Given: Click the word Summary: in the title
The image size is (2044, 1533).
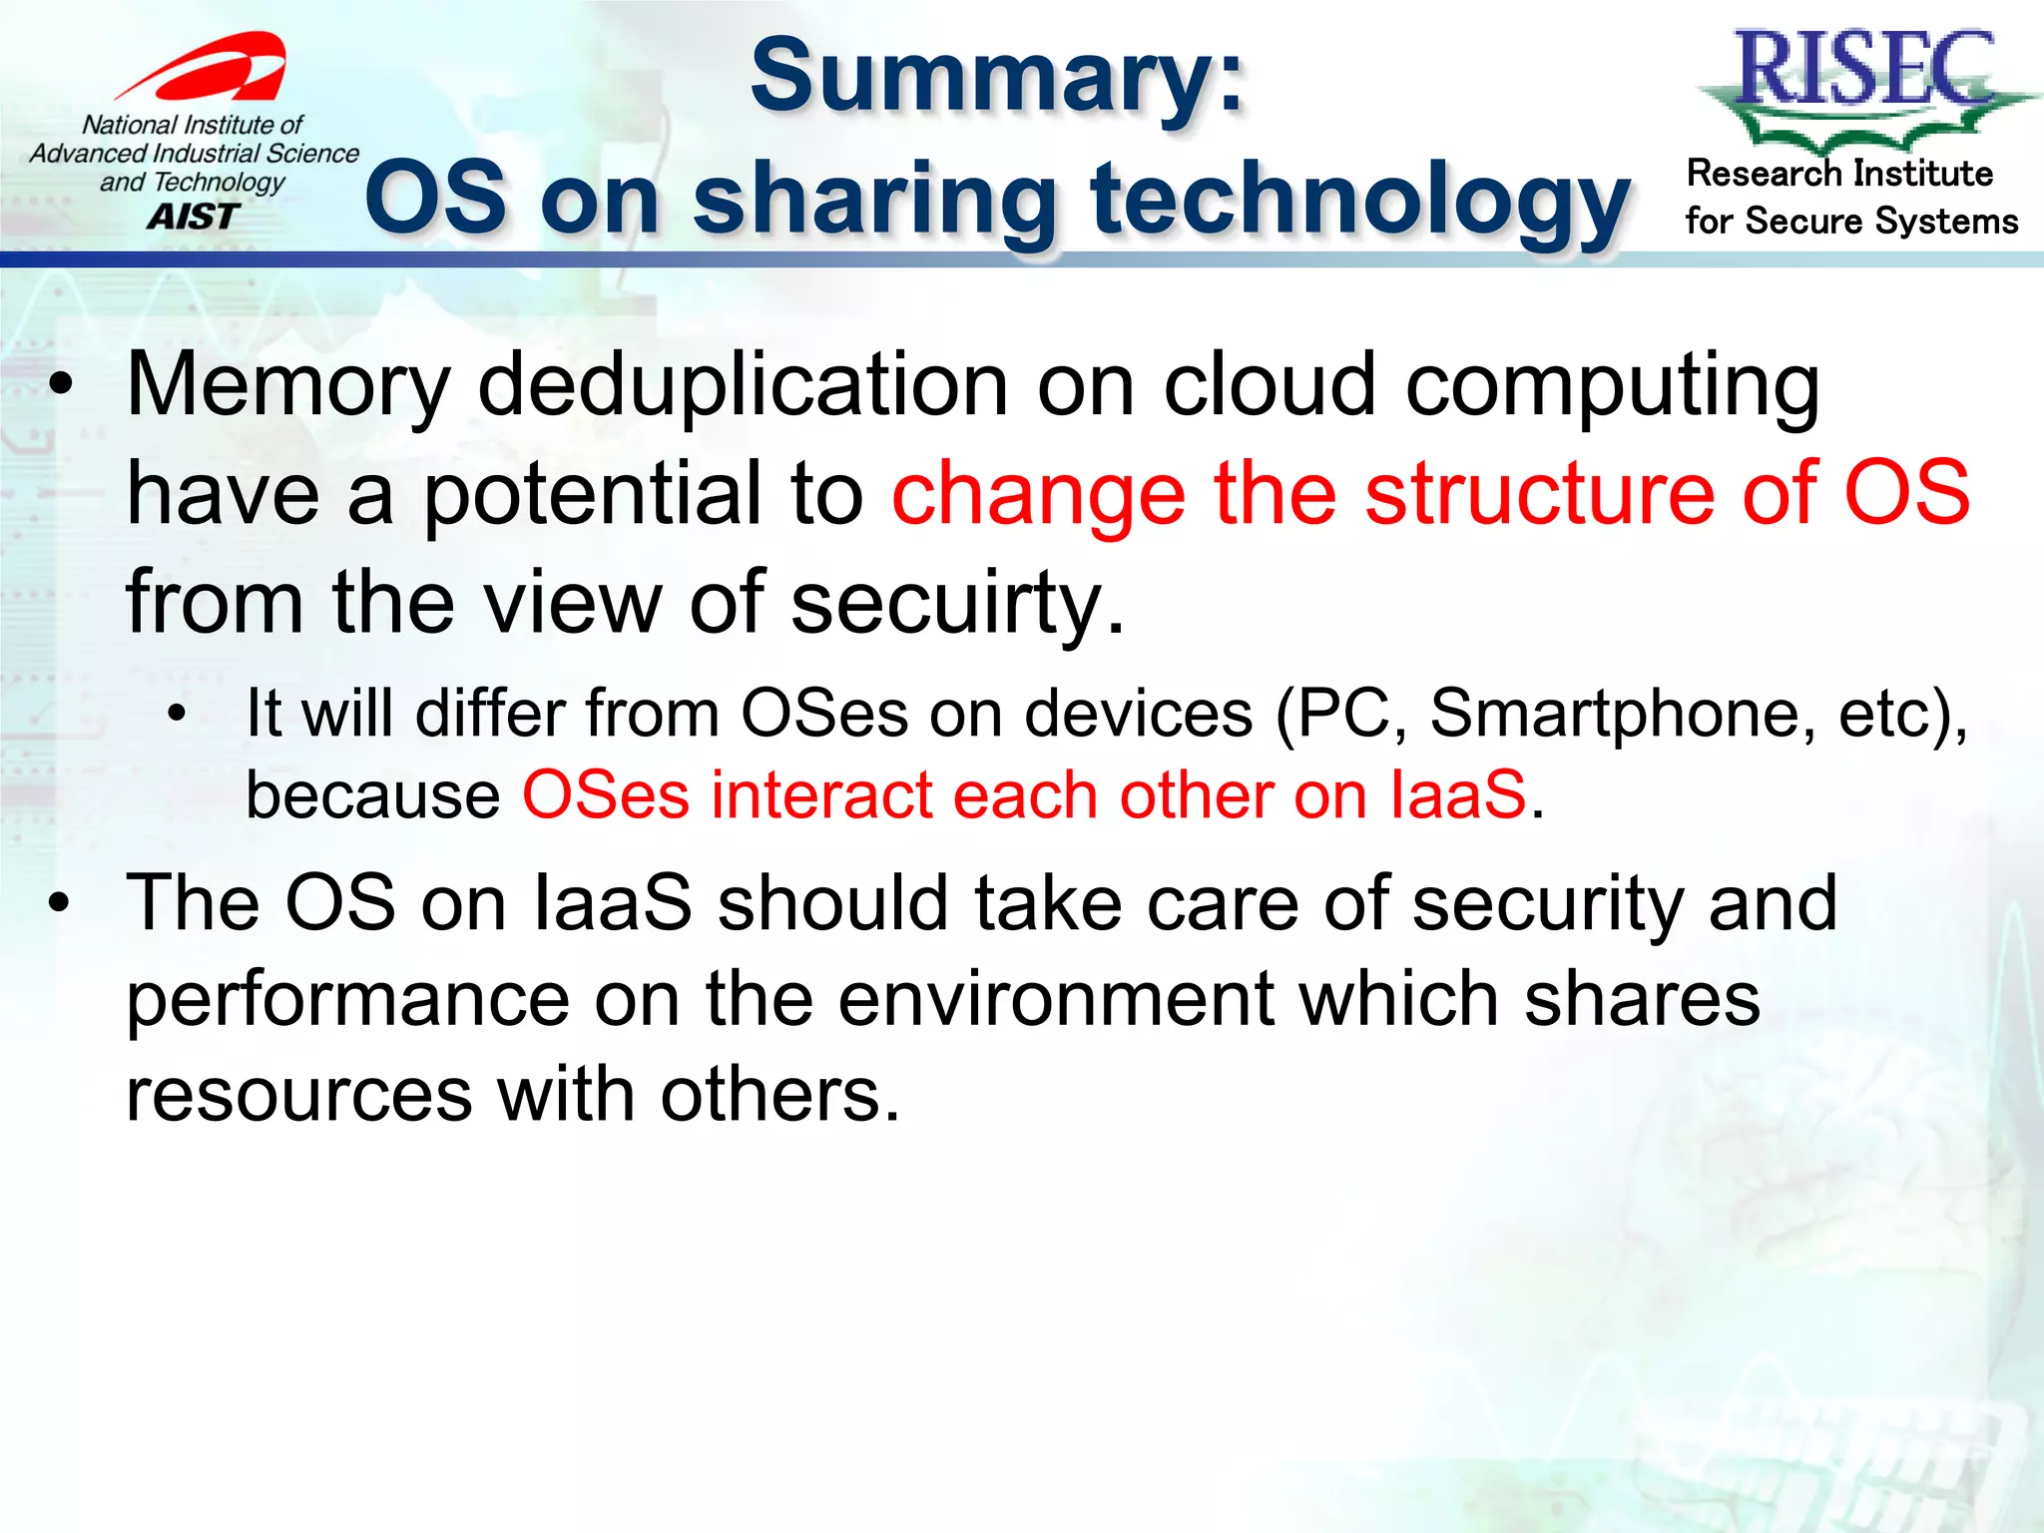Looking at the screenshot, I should pos(997,78).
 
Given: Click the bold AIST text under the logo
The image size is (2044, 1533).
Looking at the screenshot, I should pos(193,217).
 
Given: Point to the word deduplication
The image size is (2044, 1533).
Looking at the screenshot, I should pos(744,386).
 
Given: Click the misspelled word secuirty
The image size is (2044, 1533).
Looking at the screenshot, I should pos(957,604).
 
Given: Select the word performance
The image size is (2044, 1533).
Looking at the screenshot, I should pos(348,1001).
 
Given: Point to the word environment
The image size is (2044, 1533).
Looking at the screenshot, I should pos(1056,999).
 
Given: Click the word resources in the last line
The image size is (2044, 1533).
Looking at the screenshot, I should pos(298,1096).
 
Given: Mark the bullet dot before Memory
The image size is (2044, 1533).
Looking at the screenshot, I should pos(62,388).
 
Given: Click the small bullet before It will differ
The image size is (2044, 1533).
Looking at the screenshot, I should pos(178,715).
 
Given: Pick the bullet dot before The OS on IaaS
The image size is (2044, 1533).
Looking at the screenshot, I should pos(62,904).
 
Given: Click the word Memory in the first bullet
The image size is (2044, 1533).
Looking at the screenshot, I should pos(288,388).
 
